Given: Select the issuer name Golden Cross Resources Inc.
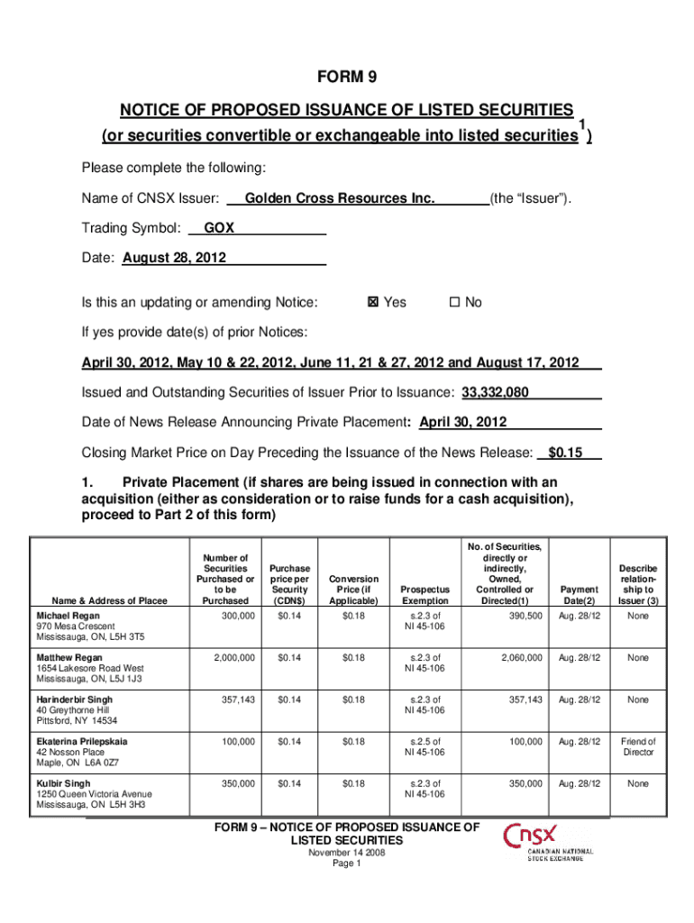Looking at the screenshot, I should click(x=339, y=197).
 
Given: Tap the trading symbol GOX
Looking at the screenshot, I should click(x=219, y=228).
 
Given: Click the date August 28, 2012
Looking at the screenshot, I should click(x=174, y=259).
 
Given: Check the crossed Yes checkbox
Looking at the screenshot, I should click(x=373, y=303).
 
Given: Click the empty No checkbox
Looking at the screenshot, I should click(x=454, y=303).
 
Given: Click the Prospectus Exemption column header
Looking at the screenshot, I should click(x=425, y=595).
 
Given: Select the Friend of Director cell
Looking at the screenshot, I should click(x=638, y=746).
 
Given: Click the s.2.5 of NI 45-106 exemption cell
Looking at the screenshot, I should click(x=425, y=746).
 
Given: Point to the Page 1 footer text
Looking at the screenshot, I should click(x=347, y=863).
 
